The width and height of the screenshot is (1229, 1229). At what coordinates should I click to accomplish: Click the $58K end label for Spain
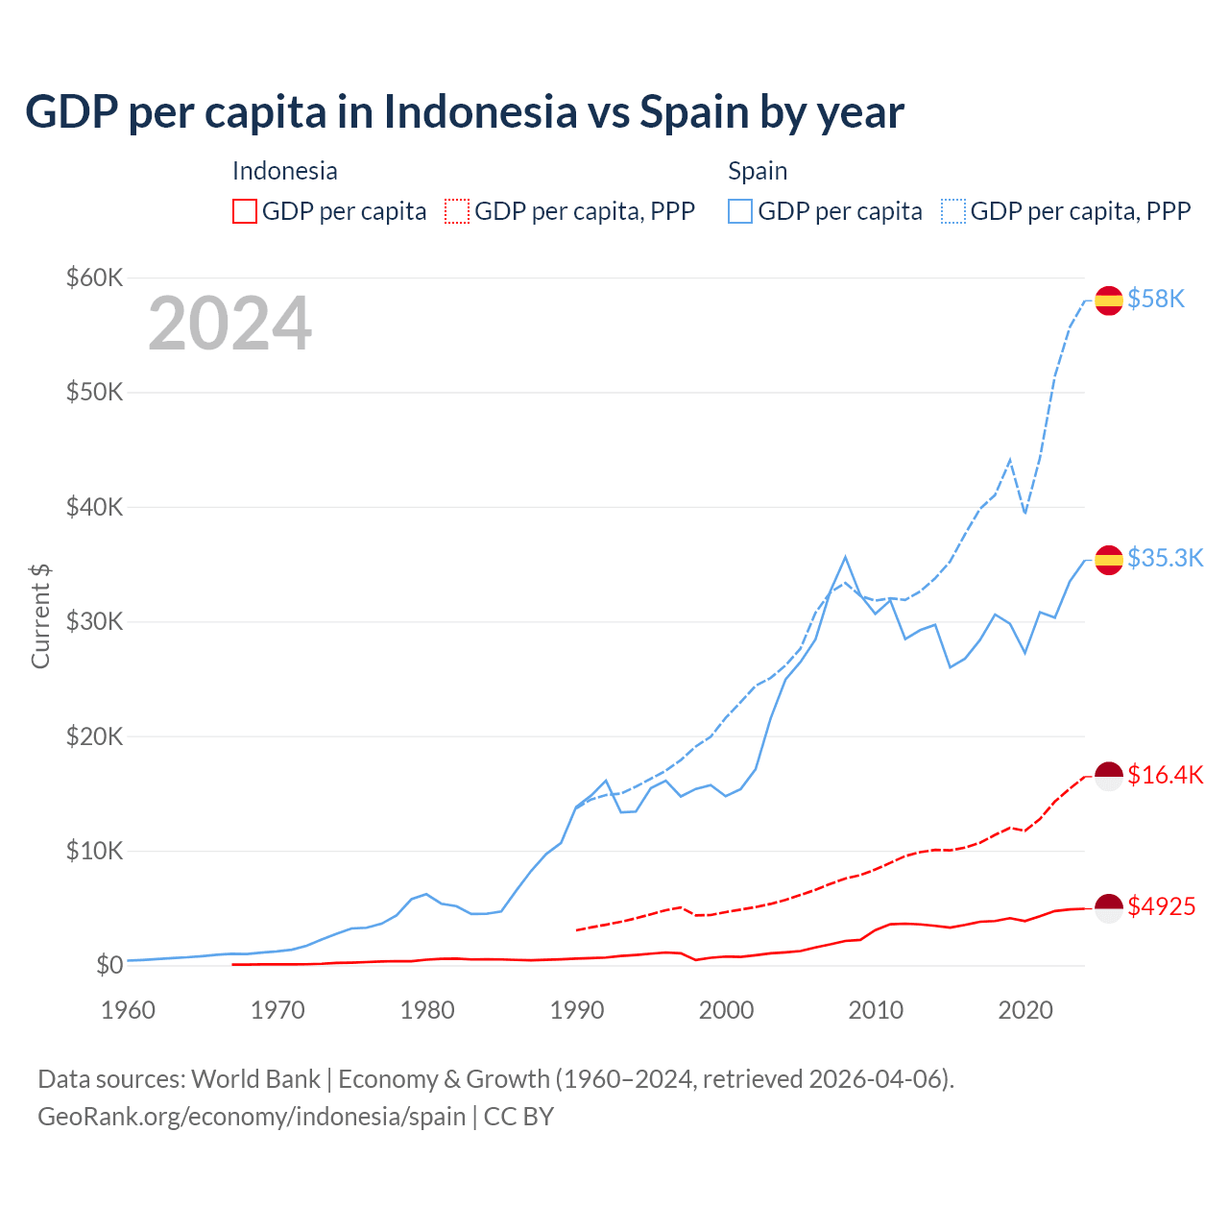pyautogui.click(x=1156, y=300)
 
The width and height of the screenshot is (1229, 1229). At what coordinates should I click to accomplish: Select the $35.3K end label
pyautogui.click(x=1165, y=559)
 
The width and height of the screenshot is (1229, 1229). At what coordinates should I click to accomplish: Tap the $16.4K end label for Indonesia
pyautogui.click(x=1165, y=775)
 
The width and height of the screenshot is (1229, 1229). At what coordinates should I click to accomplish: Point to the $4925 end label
pyautogui.click(x=1161, y=906)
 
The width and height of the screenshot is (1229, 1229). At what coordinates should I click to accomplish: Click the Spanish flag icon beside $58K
pyautogui.click(x=1109, y=301)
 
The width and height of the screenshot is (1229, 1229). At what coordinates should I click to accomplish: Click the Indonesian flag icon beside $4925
pyautogui.click(x=1109, y=907)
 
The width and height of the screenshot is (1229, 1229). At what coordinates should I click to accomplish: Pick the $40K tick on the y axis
pyautogui.click(x=94, y=507)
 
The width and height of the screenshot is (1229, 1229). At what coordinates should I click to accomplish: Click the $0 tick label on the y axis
pyautogui.click(x=109, y=965)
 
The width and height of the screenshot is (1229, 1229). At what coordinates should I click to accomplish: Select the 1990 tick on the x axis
pyautogui.click(x=577, y=1010)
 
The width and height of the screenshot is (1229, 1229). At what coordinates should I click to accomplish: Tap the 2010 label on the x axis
pyautogui.click(x=876, y=1010)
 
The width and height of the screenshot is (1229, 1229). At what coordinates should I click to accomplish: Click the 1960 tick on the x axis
pyautogui.click(x=129, y=1010)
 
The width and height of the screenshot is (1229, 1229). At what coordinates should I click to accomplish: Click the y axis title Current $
pyautogui.click(x=40, y=616)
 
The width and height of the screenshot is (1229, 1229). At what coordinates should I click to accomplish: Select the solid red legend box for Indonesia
pyautogui.click(x=245, y=211)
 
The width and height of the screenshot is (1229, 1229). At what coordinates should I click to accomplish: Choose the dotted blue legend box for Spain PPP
pyautogui.click(x=953, y=211)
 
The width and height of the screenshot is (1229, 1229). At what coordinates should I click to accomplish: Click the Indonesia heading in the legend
pyautogui.click(x=285, y=171)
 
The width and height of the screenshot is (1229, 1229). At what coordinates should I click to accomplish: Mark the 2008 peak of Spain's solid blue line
pyautogui.click(x=845, y=557)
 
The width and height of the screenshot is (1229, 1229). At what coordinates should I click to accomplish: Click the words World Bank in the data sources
pyautogui.click(x=255, y=1079)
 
